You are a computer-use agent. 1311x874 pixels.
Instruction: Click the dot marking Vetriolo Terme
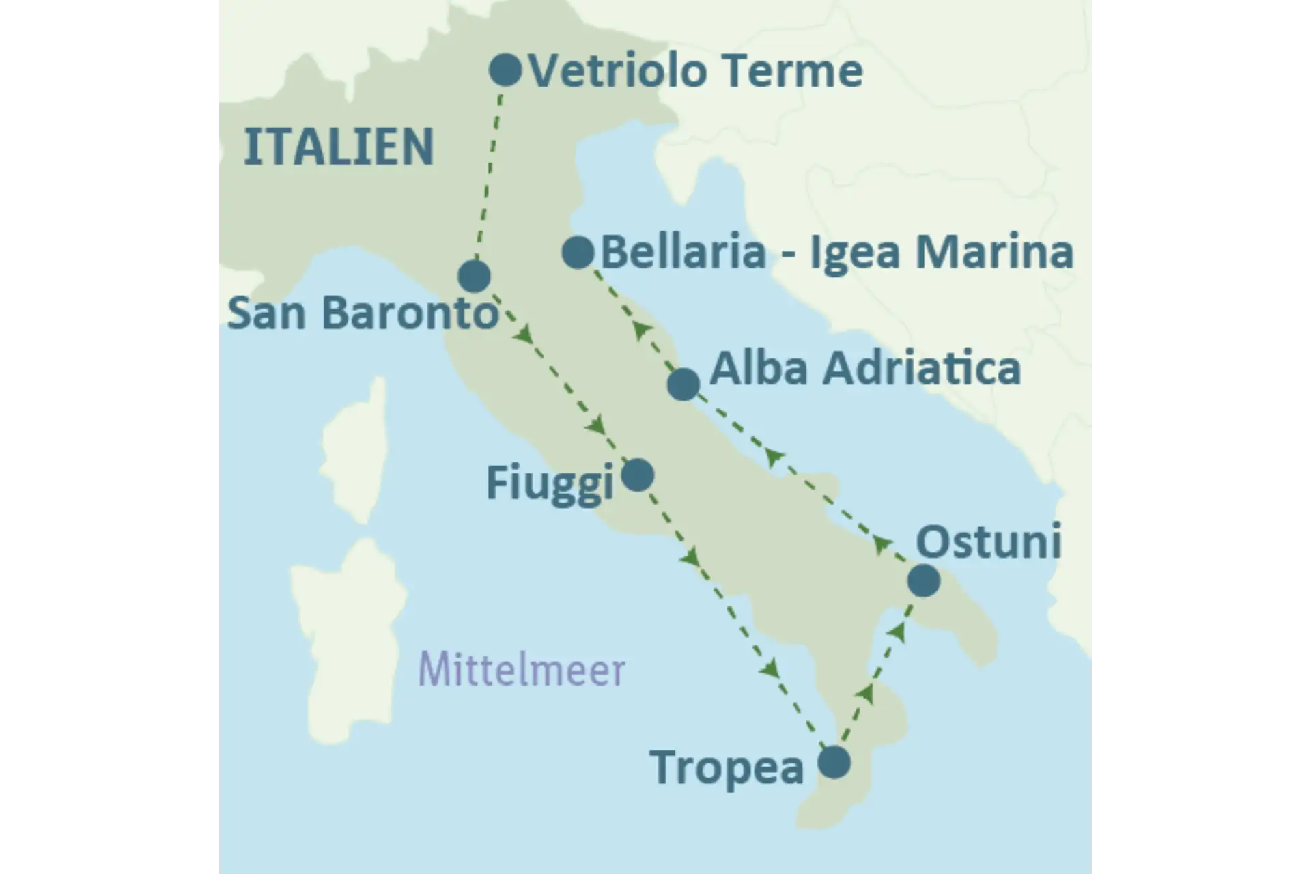coord(505,70)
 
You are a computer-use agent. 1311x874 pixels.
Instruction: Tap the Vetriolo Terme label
coord(696,71)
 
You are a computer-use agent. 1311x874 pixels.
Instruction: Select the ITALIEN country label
coord(339,147)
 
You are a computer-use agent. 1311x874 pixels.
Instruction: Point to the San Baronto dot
coord(474,276)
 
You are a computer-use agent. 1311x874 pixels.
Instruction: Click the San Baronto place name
coord(363,313)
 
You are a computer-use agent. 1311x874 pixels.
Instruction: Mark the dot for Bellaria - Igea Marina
coord(578,253)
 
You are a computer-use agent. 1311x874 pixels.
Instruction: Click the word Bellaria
coord(683,252)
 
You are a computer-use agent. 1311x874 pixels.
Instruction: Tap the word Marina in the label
coord(994,252)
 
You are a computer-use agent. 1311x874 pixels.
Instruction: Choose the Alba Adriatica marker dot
coord(683,384)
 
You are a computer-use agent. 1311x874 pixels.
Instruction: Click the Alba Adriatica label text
coord(865,369)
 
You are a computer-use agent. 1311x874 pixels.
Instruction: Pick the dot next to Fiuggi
coord(638,475)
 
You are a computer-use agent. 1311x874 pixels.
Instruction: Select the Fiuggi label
coord(550,483)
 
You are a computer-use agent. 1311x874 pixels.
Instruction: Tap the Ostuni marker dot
coord(924,580)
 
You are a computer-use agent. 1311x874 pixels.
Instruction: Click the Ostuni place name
coord(988,542)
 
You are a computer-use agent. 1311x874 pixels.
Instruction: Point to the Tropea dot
coord(834,762)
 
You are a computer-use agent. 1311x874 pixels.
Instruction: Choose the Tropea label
coord(727,767)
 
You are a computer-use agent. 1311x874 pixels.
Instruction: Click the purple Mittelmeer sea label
coord(522,670)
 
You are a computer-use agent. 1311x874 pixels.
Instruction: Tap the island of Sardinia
coord(348,635)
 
